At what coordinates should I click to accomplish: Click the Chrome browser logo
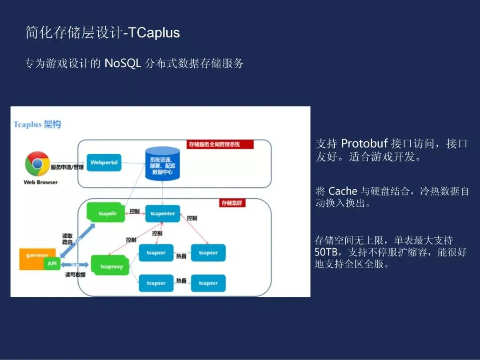coord(37,164)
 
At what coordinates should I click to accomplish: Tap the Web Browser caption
coord(40,182)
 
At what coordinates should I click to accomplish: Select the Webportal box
coord(104,163)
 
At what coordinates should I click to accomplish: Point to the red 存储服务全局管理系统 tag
coord(220,144)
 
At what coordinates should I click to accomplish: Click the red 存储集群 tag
coord(233,203)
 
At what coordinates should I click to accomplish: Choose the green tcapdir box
coord(108,213)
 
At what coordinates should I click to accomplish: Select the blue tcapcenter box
coord(163,213)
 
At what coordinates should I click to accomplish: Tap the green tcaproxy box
coord(108,266)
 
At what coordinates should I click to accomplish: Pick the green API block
coord(52,264)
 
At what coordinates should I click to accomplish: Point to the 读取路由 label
coord(68,239)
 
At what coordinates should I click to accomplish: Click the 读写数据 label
coord(75,275)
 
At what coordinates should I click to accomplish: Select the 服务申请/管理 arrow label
coord(67,168)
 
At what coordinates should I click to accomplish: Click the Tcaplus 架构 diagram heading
coord(37,124)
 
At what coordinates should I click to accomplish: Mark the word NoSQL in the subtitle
coord(123,63)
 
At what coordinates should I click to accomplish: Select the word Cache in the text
coord(343,191)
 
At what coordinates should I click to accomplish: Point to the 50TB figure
coord(326,252)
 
